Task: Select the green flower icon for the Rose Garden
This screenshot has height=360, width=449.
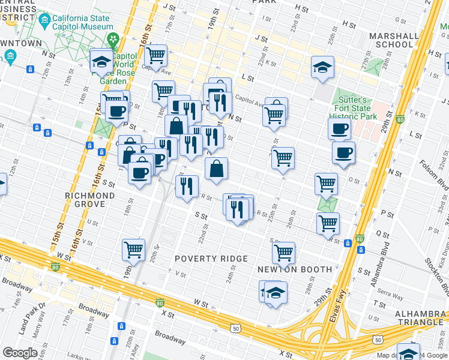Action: pyautogui.click(x=112, y=40)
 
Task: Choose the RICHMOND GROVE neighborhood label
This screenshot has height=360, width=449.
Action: pyautogui.click(x=89, y=200)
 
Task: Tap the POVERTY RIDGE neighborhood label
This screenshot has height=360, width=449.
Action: pyautogui.click(x=211, y=259)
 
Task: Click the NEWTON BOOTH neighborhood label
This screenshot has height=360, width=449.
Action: pyautogui.click(x=295, y=269)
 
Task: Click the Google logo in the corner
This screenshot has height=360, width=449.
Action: pyautogui.click(x=20, y=353)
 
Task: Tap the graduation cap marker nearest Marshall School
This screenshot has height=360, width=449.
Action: pyautogui.click(x=322, y=67)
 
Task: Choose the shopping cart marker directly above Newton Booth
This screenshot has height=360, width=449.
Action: pyautogui.click(x=283, y=252)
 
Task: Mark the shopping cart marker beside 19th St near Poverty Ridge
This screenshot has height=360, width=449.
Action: pyautogui.click(x=133, y=248)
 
